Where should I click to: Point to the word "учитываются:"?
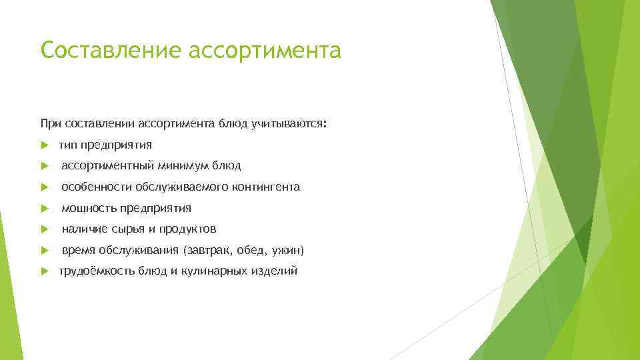[x=289, y=123]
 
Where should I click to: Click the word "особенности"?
[x=96, y=187]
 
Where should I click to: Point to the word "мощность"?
[x=89, y=208]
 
